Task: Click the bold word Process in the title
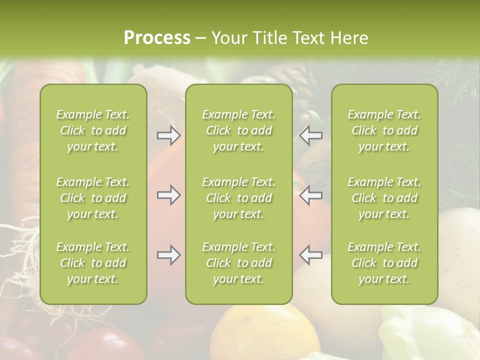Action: click(x=157, y=38)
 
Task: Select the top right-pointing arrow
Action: click(x=168, y=135)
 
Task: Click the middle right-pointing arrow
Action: click(x=168, y=195)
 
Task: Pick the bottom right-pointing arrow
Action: click(x=168, y=255)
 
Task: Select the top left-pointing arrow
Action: click(x=311, y=135)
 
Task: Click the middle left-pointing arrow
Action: click(x=311, y=195)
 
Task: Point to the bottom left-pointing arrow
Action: click(x=311, y=255)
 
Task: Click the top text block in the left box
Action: click(x=93, y=130)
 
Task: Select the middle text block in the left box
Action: click(x=93, y=198)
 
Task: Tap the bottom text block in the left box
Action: click(x=93, y=263)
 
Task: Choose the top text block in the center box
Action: click(x=238, y=130)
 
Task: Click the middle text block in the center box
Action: click(x=238, y=198)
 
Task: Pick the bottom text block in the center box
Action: click(x=238, y=263)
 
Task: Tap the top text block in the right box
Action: click(x=384, y=130)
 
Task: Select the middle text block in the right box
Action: click(x=384, y=198)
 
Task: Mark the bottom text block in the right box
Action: click(x=384, y=263)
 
